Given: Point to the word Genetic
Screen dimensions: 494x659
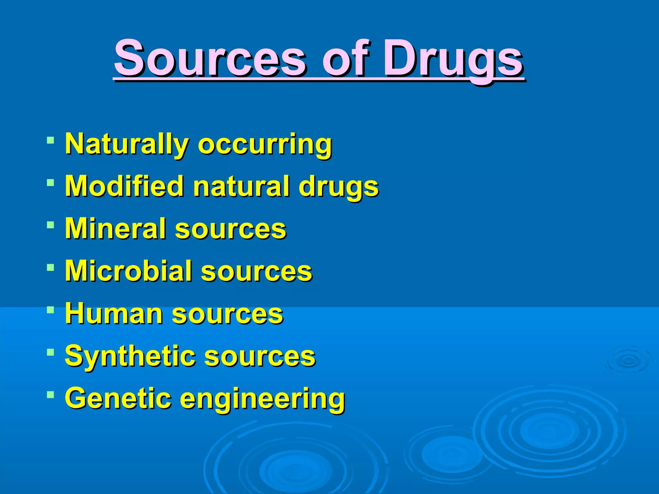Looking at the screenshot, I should [x=118, y=398].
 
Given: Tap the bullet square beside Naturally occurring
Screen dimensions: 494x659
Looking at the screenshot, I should [x=50, y=140].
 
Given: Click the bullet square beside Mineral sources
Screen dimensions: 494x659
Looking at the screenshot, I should [x=50, y=225].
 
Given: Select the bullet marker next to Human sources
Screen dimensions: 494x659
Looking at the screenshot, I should [x=50, y=310].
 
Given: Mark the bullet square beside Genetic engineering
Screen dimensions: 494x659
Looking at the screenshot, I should [x=50, y=394].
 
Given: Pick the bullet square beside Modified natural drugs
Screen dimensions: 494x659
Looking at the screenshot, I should [x=50, y=183].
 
